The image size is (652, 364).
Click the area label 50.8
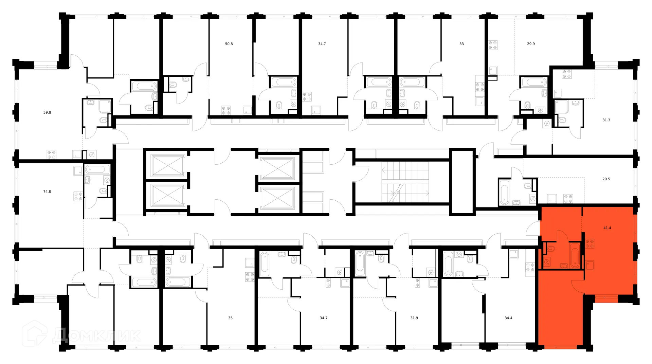coord(229,44)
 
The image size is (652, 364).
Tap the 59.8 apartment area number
coord(47,112)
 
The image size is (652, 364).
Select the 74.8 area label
coord(47,192)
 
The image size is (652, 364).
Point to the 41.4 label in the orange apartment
coord(607,228)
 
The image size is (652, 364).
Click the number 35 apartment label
coord(230,318)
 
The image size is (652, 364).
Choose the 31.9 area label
coord(414,318)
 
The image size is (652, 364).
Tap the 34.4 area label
coord(508,318)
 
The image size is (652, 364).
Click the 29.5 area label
coord(606,179)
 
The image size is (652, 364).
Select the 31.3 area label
coord(606,120)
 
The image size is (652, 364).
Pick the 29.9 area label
coord(531,44)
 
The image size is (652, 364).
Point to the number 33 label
coord(461,44)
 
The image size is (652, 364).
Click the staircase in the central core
coord(405,182)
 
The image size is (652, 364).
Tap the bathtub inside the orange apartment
coord(575,255)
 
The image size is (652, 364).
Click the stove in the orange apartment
coord(590,243)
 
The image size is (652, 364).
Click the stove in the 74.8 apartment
coord(78,196)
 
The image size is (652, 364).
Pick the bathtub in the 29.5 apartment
coord(504,192)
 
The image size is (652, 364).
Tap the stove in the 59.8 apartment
coord(51,154)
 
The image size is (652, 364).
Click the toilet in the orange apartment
coord(550,249)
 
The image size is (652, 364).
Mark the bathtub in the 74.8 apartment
coord(97,169)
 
